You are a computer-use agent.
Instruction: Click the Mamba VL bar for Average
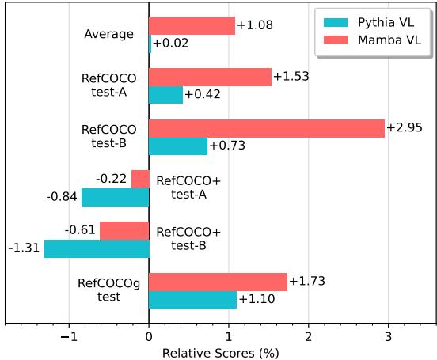pyautogui.click(x=192, y=26)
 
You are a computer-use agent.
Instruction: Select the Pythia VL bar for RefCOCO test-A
pyautogui.click(x=165, y=95)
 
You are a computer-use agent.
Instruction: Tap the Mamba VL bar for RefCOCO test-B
pyautogui.click(x=266, y=128)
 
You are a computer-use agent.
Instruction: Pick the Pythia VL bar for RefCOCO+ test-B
pyautogui.click(x=97, y=248)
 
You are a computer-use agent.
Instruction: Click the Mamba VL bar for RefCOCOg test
pyautogui.click(x=218, y=282)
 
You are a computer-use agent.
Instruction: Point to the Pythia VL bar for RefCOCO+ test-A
pyautogui.click(x=115, y=197)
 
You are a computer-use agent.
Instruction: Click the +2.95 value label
pyautogui.click(x=405, y=128)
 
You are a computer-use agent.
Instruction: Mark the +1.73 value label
pyautogui.click(x=307, y=282)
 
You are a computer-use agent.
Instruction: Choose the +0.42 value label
pyautogui.click(x=203, y=95)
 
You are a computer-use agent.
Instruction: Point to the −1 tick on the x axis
pyautogui.click(x=69, y=335)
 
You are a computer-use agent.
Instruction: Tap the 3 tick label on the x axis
pyautogui.click(x=388, y=335)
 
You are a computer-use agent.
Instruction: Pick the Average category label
pyautogui.click(x=108, y=35)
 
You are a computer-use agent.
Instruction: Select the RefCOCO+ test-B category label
pyautogui.click(x=188, y=239)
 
